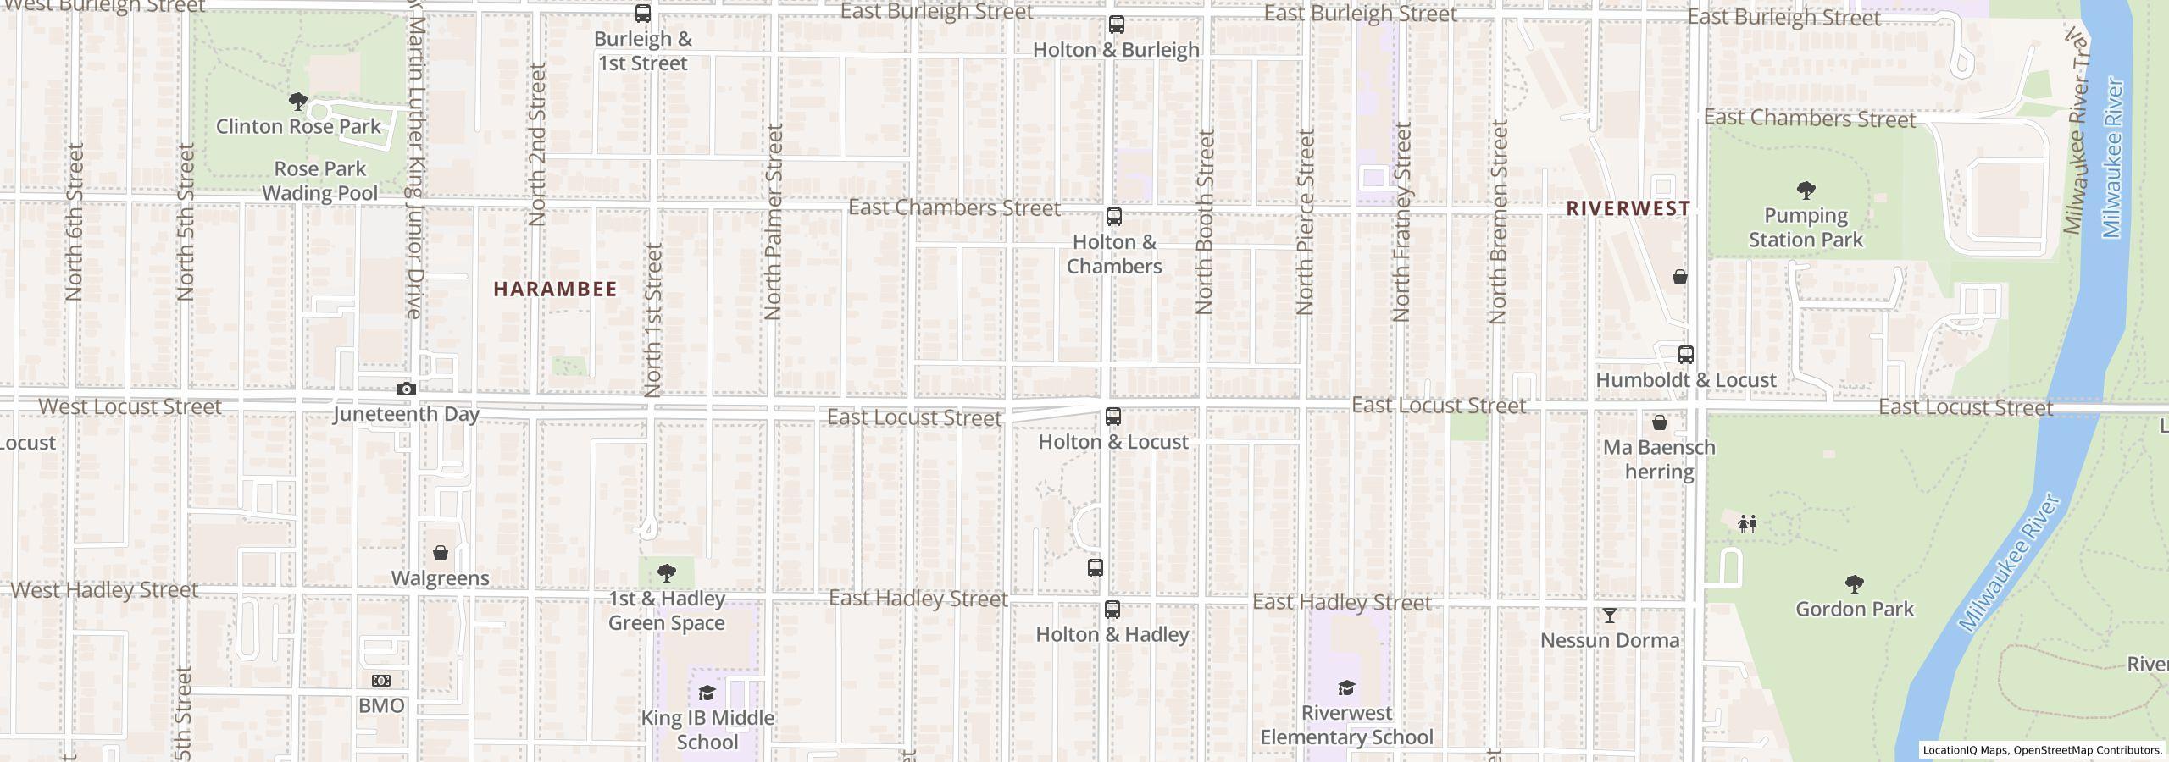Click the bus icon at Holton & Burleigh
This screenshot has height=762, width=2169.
pyautogui.click(x=1116, y=25)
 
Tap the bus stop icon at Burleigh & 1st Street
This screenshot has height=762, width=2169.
pyautogui.click(x=643, y=14)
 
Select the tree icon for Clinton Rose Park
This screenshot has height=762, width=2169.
pyautogui.click(x=297, y=102)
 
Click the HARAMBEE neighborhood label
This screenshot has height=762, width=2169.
pyautogui.click(x=555, y=290)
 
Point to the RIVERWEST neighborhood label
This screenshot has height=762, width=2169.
pyautogui.click(x=1628, y=208)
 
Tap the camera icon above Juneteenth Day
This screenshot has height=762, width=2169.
pyautogui.click(x=407, y=389)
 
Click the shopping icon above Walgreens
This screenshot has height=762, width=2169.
pyautogui.click(x=441, y=553)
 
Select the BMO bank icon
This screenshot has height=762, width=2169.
pyautogui.click(x=381, y=681)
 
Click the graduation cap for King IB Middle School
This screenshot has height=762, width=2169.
pyautogui.click(x=707, y=693)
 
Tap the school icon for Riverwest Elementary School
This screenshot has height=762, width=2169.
pyautogui.click(x=1346, y=687)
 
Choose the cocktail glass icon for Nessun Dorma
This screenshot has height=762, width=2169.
pyautogui.click(x=1609, y=616)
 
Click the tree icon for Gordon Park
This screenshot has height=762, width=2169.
pyautogui.click(x=1854, y=584)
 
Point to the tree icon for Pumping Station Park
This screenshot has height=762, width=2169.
pyautogui.click(x=1806, y=190)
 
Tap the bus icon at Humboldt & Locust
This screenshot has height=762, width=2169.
pyautogui.click(x=1686, y=355)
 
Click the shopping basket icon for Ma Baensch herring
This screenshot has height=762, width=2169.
pyautogui.click(x=1659, y=422)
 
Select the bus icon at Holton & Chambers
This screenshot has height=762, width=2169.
pyautogui.click(x=1114, y=217)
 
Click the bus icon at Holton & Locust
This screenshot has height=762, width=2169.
pyautogui.click(x=1113, y=417)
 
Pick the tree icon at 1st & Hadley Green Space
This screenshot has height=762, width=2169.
pyautogui.click(x=667, y=573)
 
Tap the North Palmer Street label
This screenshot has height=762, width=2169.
pyautogui.click(x=773, y=222)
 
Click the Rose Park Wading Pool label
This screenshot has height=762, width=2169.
pyautogui.click(x=320, y=181)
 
